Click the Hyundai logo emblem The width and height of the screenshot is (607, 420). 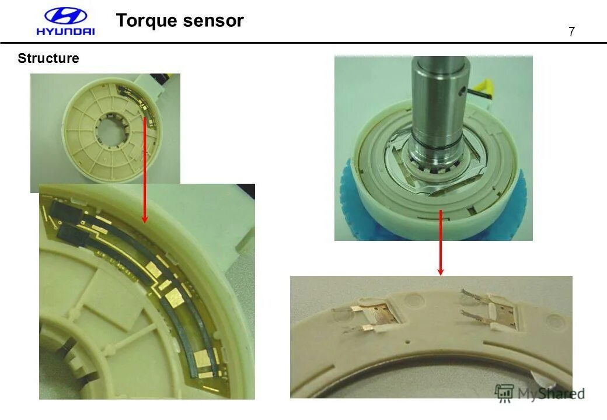(x=65, y=16)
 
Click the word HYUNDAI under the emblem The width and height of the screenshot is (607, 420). (x=65, y=32)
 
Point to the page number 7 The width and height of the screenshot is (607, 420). (x=571, y=32)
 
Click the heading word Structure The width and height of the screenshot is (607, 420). (x=48, y=58)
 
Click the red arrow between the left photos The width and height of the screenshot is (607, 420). (x=145, y=169)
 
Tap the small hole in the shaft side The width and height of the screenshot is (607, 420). (x=462, y=90)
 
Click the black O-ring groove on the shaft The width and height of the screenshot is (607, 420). (x=438, y=141)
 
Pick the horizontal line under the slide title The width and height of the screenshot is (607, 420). (x=303, y=43)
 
